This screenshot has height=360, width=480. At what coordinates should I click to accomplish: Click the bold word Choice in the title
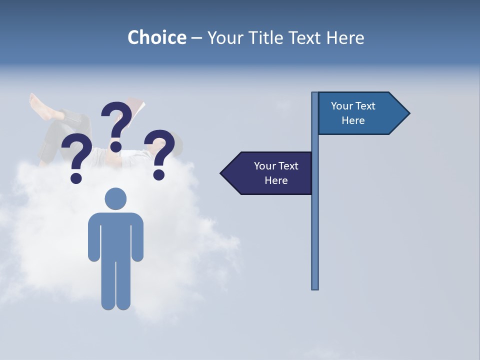click(x=156, y=37)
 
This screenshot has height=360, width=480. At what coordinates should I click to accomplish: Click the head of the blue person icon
click(x=115, y=198)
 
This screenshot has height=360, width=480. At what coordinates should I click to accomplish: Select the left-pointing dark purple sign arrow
click(x=267, y=173)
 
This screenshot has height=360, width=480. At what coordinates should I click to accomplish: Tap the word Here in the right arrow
click(x=353, y=120)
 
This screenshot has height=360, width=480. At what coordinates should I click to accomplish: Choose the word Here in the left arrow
click(x=276, y=180)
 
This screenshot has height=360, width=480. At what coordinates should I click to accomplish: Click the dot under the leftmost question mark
click(x=76, y=177)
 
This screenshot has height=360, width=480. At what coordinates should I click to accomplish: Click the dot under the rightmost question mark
click(x=158, y=174)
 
